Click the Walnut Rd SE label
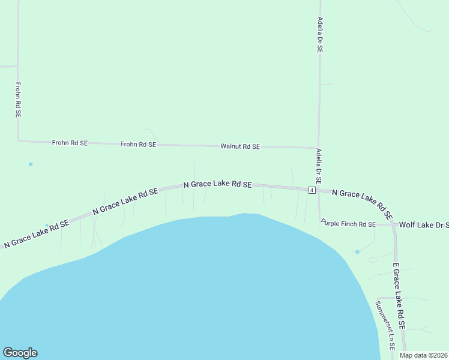click(x=240, y=146)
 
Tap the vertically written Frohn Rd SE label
click(x=19, y=100)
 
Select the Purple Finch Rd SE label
click(x=348, y=224)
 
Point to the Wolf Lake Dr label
click(x=424, y=224)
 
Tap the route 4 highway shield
click(x=312, y=190)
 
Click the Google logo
click(x=20, y=353)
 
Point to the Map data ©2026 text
click(x=424, y=355)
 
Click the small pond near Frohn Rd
click(x=31, y=164)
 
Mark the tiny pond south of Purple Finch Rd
click(x=357, y=252)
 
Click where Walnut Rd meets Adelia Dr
click(x=318, y=148)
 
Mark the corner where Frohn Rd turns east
click(x=19, y=141)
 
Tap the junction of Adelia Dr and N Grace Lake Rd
click(x=319, y=190)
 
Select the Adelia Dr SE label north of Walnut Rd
click(x=320, y=36)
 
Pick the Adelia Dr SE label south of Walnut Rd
click(x=319, y=166)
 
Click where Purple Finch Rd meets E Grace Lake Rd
click(x=392, y=224)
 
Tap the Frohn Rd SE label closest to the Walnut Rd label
click(x=138, y=145)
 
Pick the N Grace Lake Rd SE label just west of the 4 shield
click(x=217, y=185)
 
